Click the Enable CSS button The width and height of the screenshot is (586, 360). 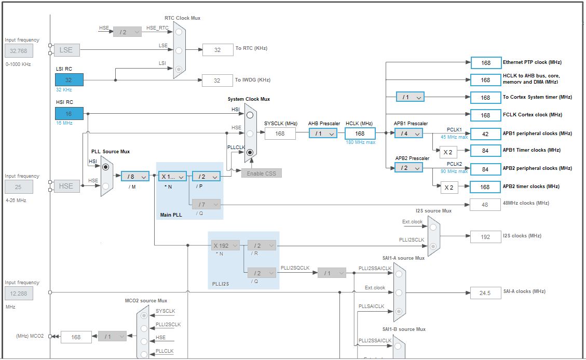click(x=262, y=173)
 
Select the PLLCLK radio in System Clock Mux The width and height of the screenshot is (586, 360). click(x=250, y=153)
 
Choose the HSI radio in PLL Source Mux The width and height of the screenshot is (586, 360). click(x=106, y=167)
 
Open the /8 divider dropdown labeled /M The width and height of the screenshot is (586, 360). click(x=135, y=177)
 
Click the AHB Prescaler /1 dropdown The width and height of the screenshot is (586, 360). click(x=323, y=134)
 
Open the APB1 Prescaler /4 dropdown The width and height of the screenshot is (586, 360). click(x=408, y=134)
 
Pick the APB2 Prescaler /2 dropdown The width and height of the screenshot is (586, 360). click(x=408, y=168)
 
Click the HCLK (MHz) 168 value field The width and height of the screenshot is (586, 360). click(x=360, y=134)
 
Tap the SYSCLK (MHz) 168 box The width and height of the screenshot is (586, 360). click(x=280, y=134)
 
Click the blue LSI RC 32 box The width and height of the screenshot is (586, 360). click(x=69, y=80)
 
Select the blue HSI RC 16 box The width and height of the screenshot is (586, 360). click(x=69, y=114)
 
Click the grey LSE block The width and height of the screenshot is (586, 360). click(x=66, y=50)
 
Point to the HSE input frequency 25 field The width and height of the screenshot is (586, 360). click(x=19, y=186)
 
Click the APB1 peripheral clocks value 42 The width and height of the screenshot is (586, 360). click(x=485, y=134)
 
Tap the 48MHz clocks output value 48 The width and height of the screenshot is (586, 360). click(x=485, y=205)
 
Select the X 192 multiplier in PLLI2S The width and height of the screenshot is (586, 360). click(x=224, y=246)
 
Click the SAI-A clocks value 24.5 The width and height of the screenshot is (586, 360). click(x=485, y=293)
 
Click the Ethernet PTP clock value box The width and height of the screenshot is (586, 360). click(x=485, y=63)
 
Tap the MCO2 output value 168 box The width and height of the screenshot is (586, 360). click(x=76, y=337)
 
